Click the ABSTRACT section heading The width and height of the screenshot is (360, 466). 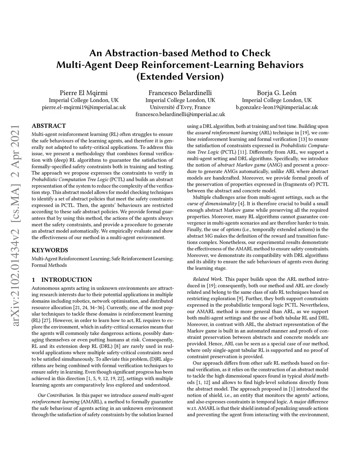[x=49, y=126]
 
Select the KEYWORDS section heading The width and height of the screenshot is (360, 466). [x=50, y=250]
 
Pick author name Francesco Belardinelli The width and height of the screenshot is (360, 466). [x=180, y=93]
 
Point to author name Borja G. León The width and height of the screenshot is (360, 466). [x=277, y=93]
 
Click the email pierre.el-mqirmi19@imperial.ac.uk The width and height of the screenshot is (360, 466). [x=84, y=107]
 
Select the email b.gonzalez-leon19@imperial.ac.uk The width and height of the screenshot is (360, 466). [x=277, y=107]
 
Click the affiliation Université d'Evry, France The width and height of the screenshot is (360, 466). [x=180, y=107]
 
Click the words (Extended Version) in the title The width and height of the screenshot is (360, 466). [x=180, y=76]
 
